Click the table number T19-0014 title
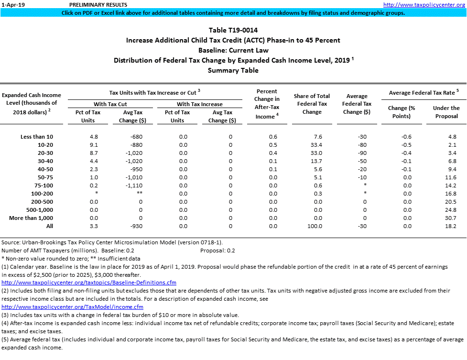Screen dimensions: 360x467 click(233, 30)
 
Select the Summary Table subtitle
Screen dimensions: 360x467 click(233, 70)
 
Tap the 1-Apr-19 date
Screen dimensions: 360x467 click(11, 4)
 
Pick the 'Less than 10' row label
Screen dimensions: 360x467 click(37, 137)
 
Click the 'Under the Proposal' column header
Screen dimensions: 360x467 click(446, 112)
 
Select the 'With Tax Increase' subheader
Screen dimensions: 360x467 click(199, 104)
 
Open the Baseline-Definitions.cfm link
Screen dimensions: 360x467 click(89, 283)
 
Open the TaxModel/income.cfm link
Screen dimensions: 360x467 click(73, 307)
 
